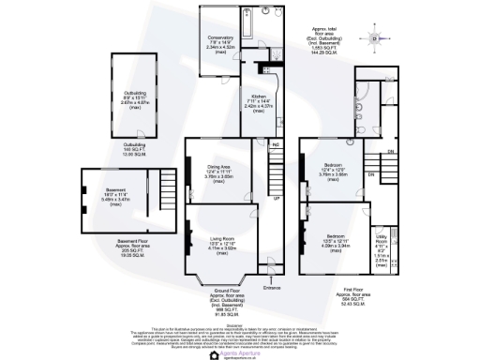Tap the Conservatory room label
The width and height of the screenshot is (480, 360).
click(x=218, y=43)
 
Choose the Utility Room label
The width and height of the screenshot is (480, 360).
click(x=382, y=246)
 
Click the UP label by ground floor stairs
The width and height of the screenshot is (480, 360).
click(x=276, y=200)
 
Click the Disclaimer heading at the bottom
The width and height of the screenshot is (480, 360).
click(x=240, y=325)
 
